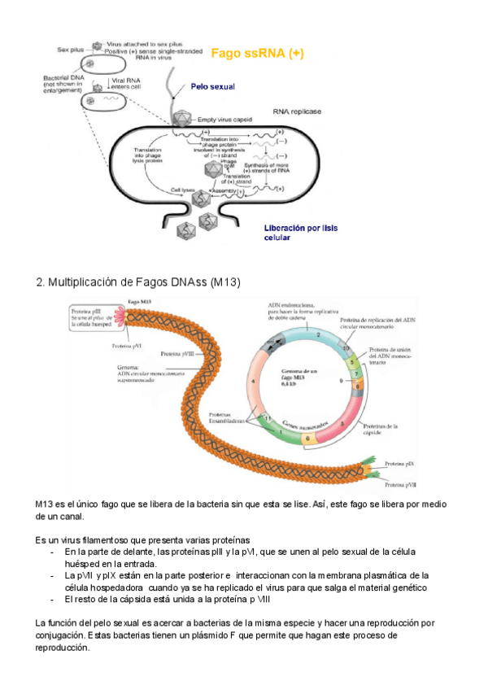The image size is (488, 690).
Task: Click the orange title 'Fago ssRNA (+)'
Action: [258, 54]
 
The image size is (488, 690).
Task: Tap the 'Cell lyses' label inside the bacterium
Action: [172, 190]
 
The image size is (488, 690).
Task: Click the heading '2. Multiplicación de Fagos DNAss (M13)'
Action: [138, 282]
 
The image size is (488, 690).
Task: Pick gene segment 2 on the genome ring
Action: [319, 334]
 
